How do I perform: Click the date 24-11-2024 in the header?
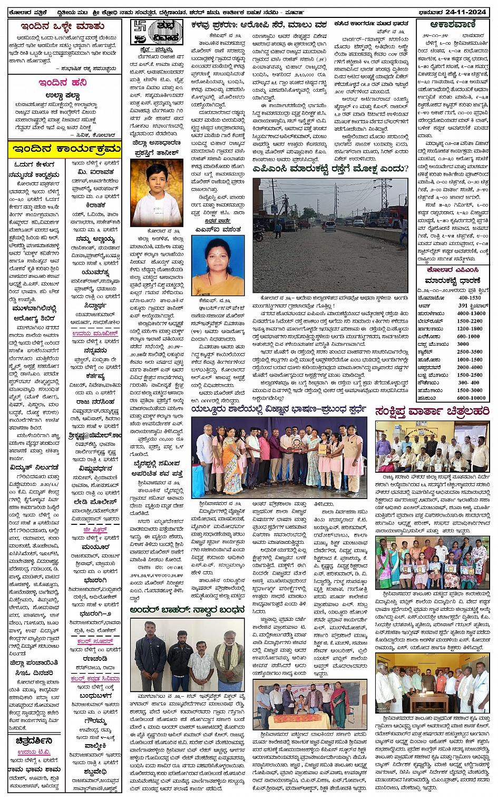(467, 12)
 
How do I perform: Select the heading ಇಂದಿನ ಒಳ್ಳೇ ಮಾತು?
(63, 26)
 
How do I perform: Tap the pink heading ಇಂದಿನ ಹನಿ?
(63, 83)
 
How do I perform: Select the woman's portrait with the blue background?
(218, 265)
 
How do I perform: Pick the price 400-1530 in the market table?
(469, 298)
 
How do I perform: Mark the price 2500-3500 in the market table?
(469, 352)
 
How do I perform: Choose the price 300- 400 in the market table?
(468, 383)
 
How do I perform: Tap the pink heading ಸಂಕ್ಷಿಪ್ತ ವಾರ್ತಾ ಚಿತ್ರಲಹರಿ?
(432, 412)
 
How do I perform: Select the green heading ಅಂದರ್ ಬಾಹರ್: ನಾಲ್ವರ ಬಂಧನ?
(187, 610)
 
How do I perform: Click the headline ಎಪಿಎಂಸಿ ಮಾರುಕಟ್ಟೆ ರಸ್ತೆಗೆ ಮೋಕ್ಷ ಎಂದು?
(330, 169)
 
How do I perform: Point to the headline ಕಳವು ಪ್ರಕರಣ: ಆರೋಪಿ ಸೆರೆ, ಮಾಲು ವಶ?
(259, 25)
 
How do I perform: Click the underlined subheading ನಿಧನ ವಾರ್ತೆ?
(217, 221)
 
